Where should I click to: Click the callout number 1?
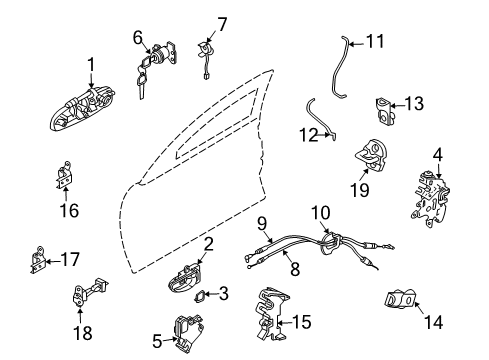[91, 65]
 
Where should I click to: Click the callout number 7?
[222, 22]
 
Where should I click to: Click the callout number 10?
[319, 241]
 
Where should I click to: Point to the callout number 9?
[261, 252]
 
